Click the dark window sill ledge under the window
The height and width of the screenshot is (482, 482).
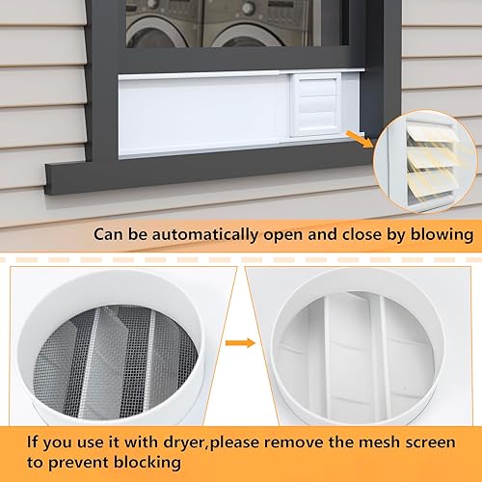coord(193,177)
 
